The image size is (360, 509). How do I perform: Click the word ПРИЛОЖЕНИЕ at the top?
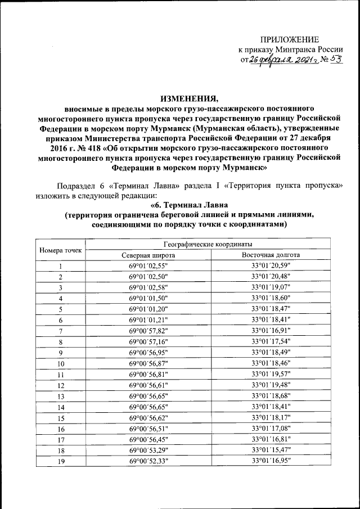289,39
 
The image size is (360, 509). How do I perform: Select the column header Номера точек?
61,249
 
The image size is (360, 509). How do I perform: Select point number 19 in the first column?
61,461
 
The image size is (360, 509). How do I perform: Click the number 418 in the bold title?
82,147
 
